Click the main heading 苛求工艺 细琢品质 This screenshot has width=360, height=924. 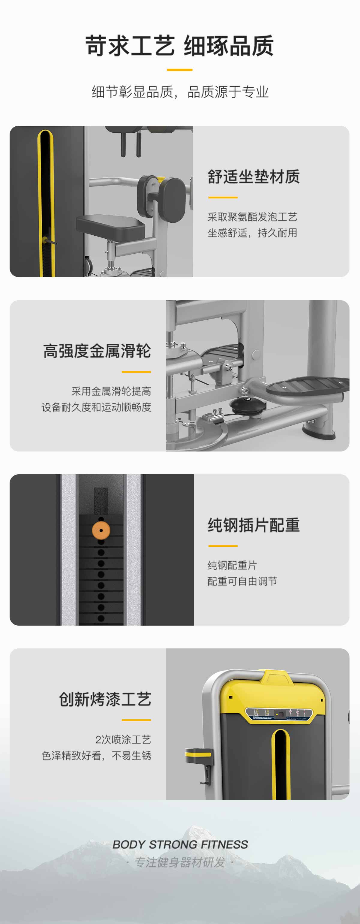tap(180, 46)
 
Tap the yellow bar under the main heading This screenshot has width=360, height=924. tap(180, 70)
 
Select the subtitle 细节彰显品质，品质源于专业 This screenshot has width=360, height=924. tap(180, 92)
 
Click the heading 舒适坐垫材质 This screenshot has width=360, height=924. tap(253, 177)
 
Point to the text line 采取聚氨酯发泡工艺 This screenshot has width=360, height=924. tap(252, 217)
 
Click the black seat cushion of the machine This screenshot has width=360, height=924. tap(110, 226)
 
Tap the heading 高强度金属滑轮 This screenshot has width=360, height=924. tap(97, 351)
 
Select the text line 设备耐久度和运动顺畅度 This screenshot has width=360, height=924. tap(96, 407)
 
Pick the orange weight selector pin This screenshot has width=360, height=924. tap(101, 530)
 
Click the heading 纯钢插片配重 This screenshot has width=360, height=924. tap(253, 525)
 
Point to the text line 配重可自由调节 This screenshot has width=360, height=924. tap(242, 581)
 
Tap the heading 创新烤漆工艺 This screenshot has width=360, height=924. tap(105, 699)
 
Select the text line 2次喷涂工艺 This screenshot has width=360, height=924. tap(123, 739)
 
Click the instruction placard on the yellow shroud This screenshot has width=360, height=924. tap(279, 714)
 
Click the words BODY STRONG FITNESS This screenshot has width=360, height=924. tap(180, 844)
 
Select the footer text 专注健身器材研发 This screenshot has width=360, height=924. tap(180, 862)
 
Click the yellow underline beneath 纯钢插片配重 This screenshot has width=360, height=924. tap(223, 546)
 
